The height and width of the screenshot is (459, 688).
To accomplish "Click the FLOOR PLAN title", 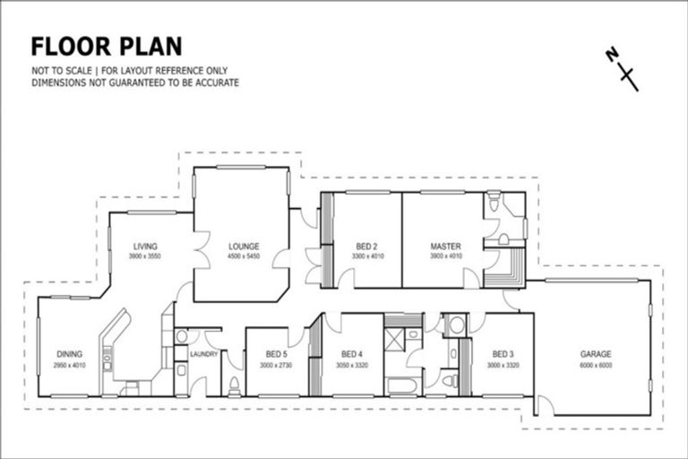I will click(107, 47).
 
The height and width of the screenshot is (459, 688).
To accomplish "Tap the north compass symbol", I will click(621, 69).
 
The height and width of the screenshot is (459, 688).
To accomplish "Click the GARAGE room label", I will click(594, 353).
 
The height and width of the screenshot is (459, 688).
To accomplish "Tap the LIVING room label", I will click(146, 247).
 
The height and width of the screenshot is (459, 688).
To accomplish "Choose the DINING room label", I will click(69, 354).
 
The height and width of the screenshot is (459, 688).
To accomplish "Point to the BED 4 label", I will click(352, 354).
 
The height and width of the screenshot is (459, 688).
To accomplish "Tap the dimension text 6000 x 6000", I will click(594, 365).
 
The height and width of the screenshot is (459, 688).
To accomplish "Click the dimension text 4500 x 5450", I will click(243, 257).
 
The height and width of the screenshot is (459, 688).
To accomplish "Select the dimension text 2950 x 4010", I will click(69, 365).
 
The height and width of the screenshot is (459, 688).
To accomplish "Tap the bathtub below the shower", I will click(402, 385).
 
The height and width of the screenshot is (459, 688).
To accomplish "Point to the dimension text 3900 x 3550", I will click(146, 257).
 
